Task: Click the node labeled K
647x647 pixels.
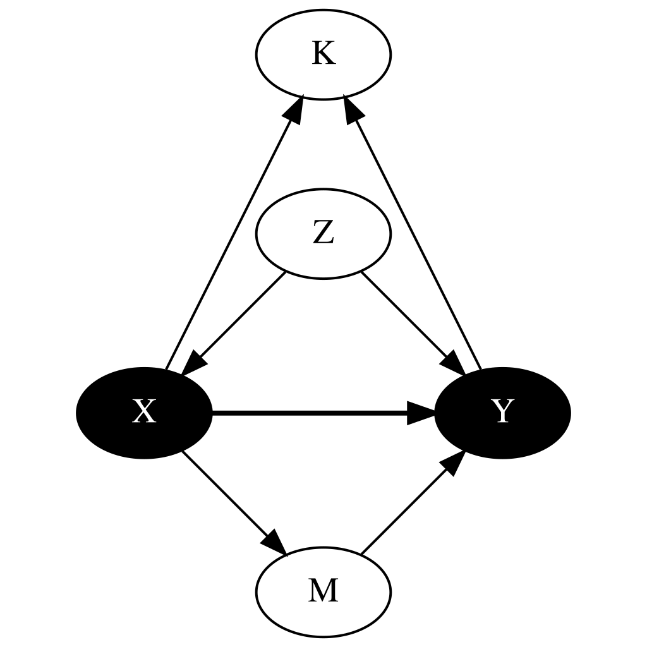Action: coord(323,54)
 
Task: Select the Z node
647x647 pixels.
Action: coord(323,234)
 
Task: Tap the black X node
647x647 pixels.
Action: coord(144,413)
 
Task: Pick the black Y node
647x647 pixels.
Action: coord(502,413)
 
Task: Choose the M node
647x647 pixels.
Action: coord(323,591)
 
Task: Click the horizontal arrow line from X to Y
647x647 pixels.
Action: coord(310,413)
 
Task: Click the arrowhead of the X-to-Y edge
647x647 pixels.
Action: coord(421,413)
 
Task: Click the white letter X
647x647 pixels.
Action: coord(144,413)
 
